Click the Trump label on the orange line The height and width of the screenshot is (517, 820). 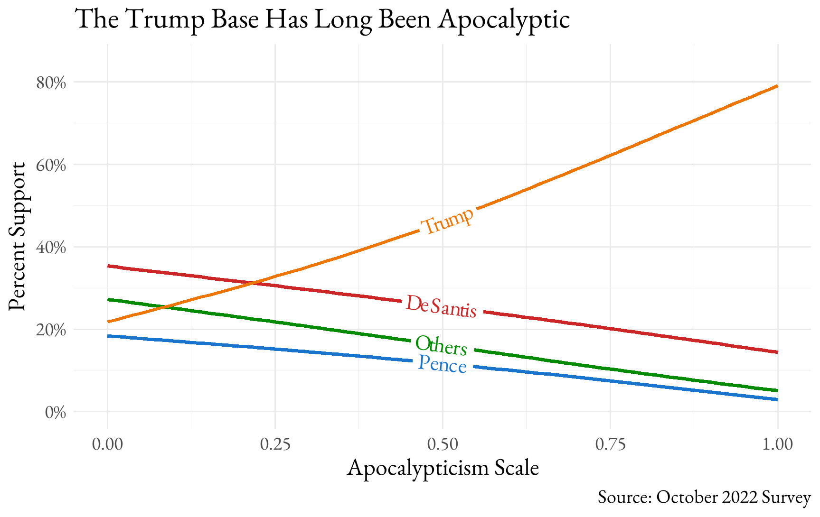coord(447,221)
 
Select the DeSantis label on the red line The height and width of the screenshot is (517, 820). coord(441,306)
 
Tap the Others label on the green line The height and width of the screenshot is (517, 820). coord(441,345)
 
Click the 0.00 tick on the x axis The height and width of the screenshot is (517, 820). coord(108,444)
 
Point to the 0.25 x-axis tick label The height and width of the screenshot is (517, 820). coord(275,444)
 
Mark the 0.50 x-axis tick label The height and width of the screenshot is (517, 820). coord(443,444)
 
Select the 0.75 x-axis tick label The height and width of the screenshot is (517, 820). coord(610,444)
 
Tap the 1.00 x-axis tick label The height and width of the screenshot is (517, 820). coord(777,444)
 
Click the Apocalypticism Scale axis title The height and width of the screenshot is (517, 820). coord(443,468)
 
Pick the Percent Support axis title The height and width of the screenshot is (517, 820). coord(18,236)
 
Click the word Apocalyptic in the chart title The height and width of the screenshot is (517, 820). coord(504,19)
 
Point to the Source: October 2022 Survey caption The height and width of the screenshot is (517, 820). coord(704,497)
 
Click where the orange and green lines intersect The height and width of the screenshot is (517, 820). coord(164,307)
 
